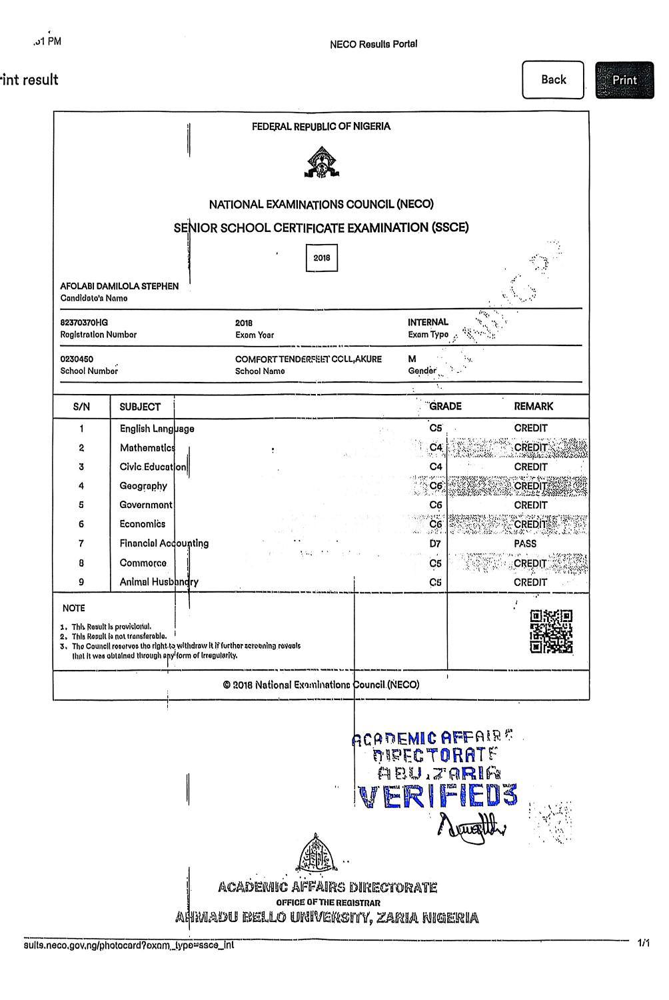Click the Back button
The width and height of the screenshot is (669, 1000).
[x=553, y=80]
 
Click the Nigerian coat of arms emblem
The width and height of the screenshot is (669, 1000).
[x=322, y=163]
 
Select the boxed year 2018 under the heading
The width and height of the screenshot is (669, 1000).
[x=322, y=258]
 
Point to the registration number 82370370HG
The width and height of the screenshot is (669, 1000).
[x=84, y=323]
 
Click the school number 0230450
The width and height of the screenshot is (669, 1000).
[x=77, y=359]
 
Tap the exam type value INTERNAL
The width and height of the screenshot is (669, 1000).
[x=428, y=323]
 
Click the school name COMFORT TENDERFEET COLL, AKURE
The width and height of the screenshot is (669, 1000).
[x=308, y=359]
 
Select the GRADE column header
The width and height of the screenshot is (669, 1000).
[x=444, y=406]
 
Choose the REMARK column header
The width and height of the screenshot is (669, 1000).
[x=533, y=406]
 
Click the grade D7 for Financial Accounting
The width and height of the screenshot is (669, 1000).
[x=435, y=544]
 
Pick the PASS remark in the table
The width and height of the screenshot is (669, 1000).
[x=525, y=544]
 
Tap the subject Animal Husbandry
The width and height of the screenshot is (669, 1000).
[x=159, y=582]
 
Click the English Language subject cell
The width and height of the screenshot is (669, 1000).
[x=157, y=429]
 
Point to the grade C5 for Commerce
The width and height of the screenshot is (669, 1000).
[x=435, y=563]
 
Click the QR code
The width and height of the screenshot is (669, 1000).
[x=551, y=631]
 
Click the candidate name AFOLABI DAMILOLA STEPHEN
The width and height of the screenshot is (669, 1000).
[x=119, y=286]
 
